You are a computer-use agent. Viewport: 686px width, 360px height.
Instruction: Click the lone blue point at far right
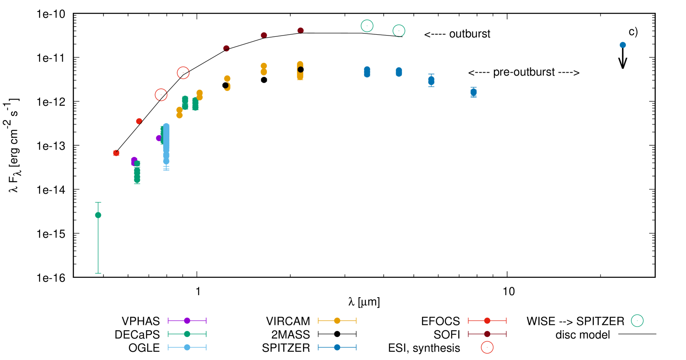622,45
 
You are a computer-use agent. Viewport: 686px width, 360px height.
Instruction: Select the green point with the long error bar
98,215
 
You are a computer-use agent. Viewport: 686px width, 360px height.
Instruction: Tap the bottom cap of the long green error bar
98,273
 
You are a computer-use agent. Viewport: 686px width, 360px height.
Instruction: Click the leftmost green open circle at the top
367,26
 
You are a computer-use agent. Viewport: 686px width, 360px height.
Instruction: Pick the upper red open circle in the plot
183,73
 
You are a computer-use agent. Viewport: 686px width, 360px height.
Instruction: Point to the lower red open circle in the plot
161,95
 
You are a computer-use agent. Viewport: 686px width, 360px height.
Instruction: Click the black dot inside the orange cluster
301,69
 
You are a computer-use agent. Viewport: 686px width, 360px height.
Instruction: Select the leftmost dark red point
226,48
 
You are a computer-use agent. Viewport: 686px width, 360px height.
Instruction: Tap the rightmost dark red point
301,31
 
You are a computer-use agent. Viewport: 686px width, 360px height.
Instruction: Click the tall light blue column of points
166,140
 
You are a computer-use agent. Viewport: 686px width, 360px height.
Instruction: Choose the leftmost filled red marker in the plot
116,153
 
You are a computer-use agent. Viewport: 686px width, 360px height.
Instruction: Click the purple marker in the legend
187,320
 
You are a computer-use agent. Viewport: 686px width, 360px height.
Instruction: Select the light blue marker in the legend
187,347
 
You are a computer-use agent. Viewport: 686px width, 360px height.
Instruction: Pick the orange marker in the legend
337,320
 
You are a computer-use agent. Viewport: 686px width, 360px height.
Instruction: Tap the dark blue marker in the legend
337,347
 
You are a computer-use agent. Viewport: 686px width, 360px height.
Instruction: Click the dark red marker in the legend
487,334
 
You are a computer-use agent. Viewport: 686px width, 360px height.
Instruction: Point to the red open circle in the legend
487,347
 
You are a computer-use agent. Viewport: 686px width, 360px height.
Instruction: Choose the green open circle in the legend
637,320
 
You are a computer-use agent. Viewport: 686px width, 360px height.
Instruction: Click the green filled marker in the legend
187,334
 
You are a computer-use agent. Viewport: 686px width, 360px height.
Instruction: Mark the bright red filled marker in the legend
487,320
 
